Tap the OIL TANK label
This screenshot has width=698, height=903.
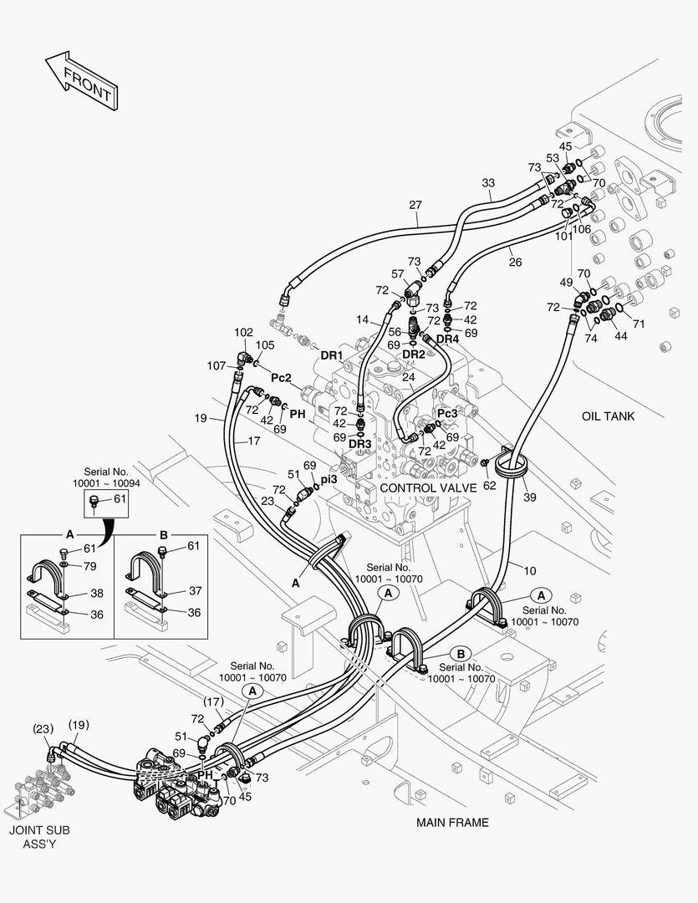(x=609, y=416)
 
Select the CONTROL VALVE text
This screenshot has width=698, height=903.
(x=427, y=487)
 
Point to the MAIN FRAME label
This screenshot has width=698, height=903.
(x=452, y=823)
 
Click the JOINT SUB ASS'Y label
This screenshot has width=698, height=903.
(x=39, y=837)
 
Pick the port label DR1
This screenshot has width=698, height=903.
(x=333, y=355)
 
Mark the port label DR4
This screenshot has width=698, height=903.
(x=448, y=339)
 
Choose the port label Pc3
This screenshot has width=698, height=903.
(x=448, y=413)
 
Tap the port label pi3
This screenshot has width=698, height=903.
(x=329, y=478)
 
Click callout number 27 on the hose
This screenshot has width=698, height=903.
(x=415, y=205)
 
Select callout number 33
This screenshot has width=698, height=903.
(x=488, y=183)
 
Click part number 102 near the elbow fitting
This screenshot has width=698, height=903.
(x=243, y=332)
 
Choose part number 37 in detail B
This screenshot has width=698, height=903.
(x=195, y=590)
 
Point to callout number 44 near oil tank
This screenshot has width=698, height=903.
(x=620, y=335)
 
